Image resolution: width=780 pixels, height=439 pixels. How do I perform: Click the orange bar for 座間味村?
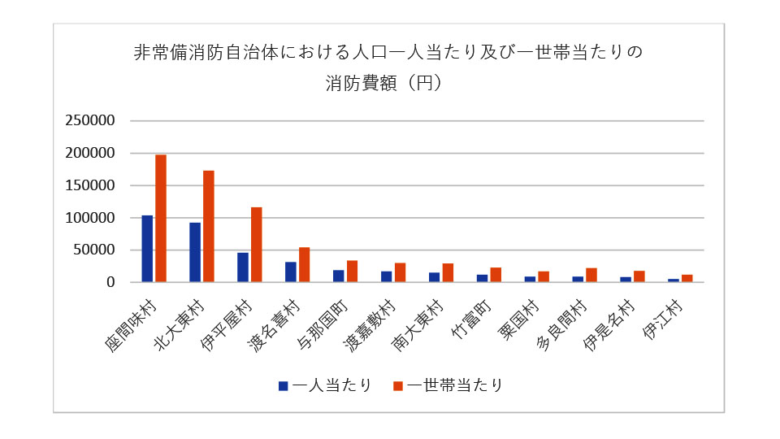point(161,219)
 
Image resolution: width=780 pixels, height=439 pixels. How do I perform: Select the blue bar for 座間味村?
point(147,249)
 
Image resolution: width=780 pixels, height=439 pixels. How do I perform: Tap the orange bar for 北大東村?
point(209,227)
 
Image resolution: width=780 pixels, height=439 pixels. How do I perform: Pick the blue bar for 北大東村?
point(195,253)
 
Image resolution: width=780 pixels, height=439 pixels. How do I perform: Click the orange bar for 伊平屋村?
point(257,245)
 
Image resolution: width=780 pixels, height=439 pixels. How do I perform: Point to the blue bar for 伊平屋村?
point(243,267)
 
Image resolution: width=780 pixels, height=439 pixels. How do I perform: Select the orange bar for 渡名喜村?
point(305,265)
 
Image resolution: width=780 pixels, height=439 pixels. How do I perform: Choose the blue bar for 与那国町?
point(338,276)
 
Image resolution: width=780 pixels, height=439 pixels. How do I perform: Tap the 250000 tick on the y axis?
point(90,120)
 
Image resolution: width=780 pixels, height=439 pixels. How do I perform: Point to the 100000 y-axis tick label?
point(90,218)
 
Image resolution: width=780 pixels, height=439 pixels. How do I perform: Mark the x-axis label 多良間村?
point(564,323)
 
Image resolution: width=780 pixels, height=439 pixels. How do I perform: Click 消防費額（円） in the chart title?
point(388,83)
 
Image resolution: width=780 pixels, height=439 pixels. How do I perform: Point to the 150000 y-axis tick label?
point(90,185)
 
